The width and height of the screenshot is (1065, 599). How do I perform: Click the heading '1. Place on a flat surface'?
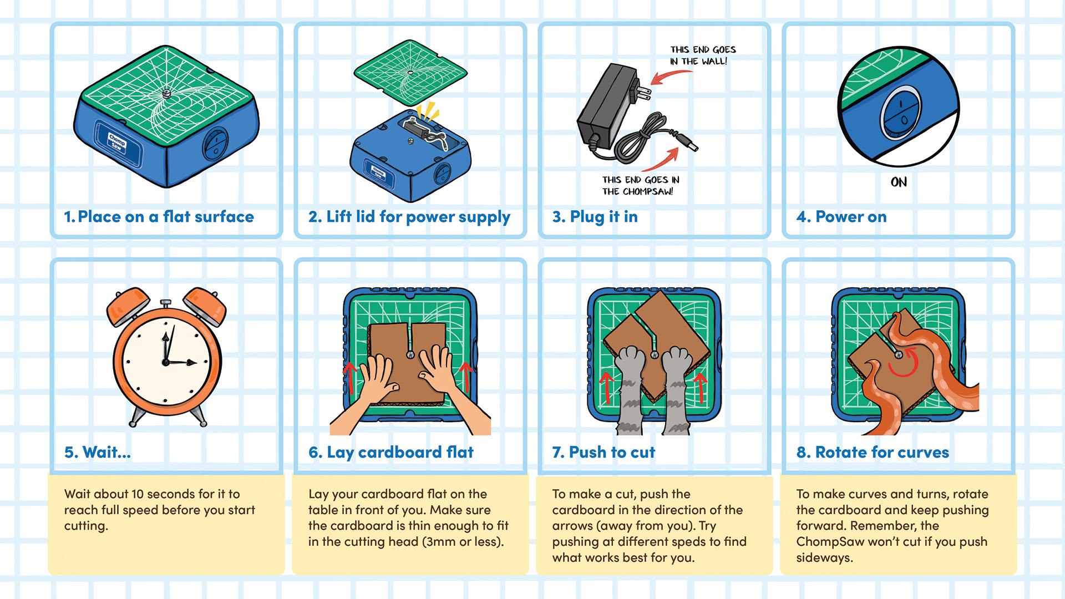coord(159,217)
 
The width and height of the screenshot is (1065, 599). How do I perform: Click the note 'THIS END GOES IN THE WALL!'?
coord(702,55)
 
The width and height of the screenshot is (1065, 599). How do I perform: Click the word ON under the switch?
coord(899,182)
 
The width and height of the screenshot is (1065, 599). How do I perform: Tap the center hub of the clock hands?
coord(165,362)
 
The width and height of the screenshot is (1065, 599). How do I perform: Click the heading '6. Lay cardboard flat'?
coord(391,453)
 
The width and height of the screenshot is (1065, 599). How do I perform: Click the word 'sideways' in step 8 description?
coord(824,558)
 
